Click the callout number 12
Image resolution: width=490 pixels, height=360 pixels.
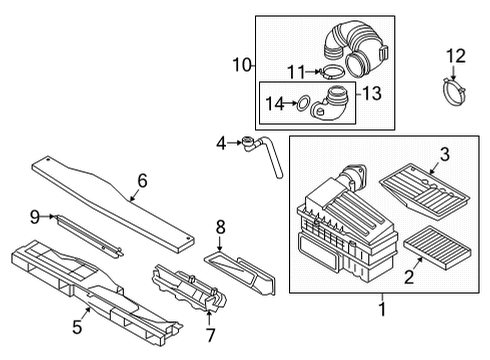click(456, 56)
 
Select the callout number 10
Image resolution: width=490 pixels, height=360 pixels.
click(242, 64)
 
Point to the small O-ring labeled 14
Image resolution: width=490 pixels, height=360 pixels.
click(303, 104)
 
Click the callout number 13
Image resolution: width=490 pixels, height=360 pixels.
click(372, 93)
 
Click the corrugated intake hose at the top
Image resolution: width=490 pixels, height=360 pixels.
click(357, 47)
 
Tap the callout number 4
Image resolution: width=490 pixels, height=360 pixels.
click(221, 144)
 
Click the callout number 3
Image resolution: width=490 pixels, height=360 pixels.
click(445, 154)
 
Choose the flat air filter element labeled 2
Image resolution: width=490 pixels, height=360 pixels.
click(437, 247)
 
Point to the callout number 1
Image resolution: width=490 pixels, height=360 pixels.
click(382, 309)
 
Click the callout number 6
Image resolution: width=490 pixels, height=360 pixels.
click(142, 181)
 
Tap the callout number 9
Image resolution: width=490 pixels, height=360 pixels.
click(35, 217)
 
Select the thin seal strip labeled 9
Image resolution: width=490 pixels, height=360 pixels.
click(89, 236)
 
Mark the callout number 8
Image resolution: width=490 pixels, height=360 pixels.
click(221, 227)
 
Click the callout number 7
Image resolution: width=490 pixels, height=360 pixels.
click(210, 335)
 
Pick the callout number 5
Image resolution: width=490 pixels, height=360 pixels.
click(77, 327)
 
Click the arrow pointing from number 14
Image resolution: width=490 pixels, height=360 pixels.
click(290, 103)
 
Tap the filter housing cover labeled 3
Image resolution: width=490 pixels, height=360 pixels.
click(425, 192)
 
